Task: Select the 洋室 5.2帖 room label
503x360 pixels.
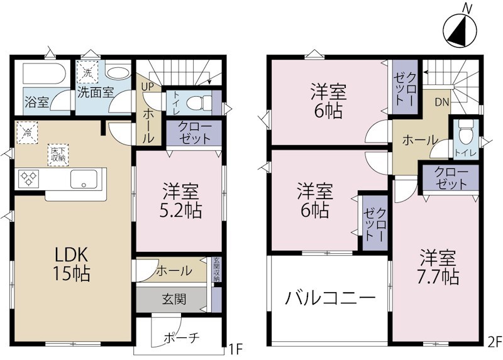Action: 182,200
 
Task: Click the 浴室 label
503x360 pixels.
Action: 36,102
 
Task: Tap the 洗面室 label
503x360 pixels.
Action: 95,92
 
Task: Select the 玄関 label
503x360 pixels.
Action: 174,299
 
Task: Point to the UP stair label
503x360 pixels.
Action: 147,86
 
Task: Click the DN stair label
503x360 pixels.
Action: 441,101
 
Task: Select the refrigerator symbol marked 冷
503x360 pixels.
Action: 27,133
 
